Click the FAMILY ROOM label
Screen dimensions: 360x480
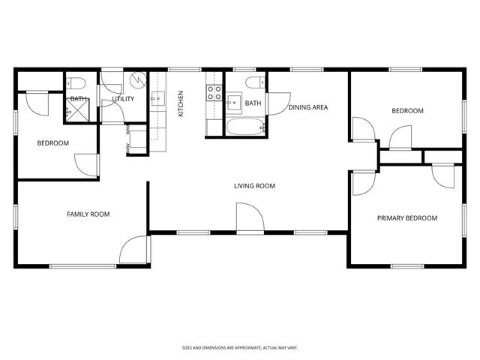pyautogui.click(x=88, y=214)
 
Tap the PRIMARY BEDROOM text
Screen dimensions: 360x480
pyautogui.click(x=406, y=218)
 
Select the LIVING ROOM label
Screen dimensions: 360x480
pyautogui.click(x=255, y=186)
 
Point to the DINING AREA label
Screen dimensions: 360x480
pyautogui.click(x=308, y=107)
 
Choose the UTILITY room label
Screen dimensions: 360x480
pyautogui.click(x=124, y=99)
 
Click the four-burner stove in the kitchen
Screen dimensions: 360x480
pyautogui.click(x=214, y=93)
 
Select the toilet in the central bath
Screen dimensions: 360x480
pyautogui.click(x=256, y=81)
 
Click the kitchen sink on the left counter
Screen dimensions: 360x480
pyautogui.click(x=158, y=97)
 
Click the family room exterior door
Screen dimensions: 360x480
pyautogui.click(x=135, y=251)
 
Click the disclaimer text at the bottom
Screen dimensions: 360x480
pyautogui.click(x=240, y=347)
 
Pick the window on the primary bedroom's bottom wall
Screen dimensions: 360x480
pyautogui.click(x=407, y=265)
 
